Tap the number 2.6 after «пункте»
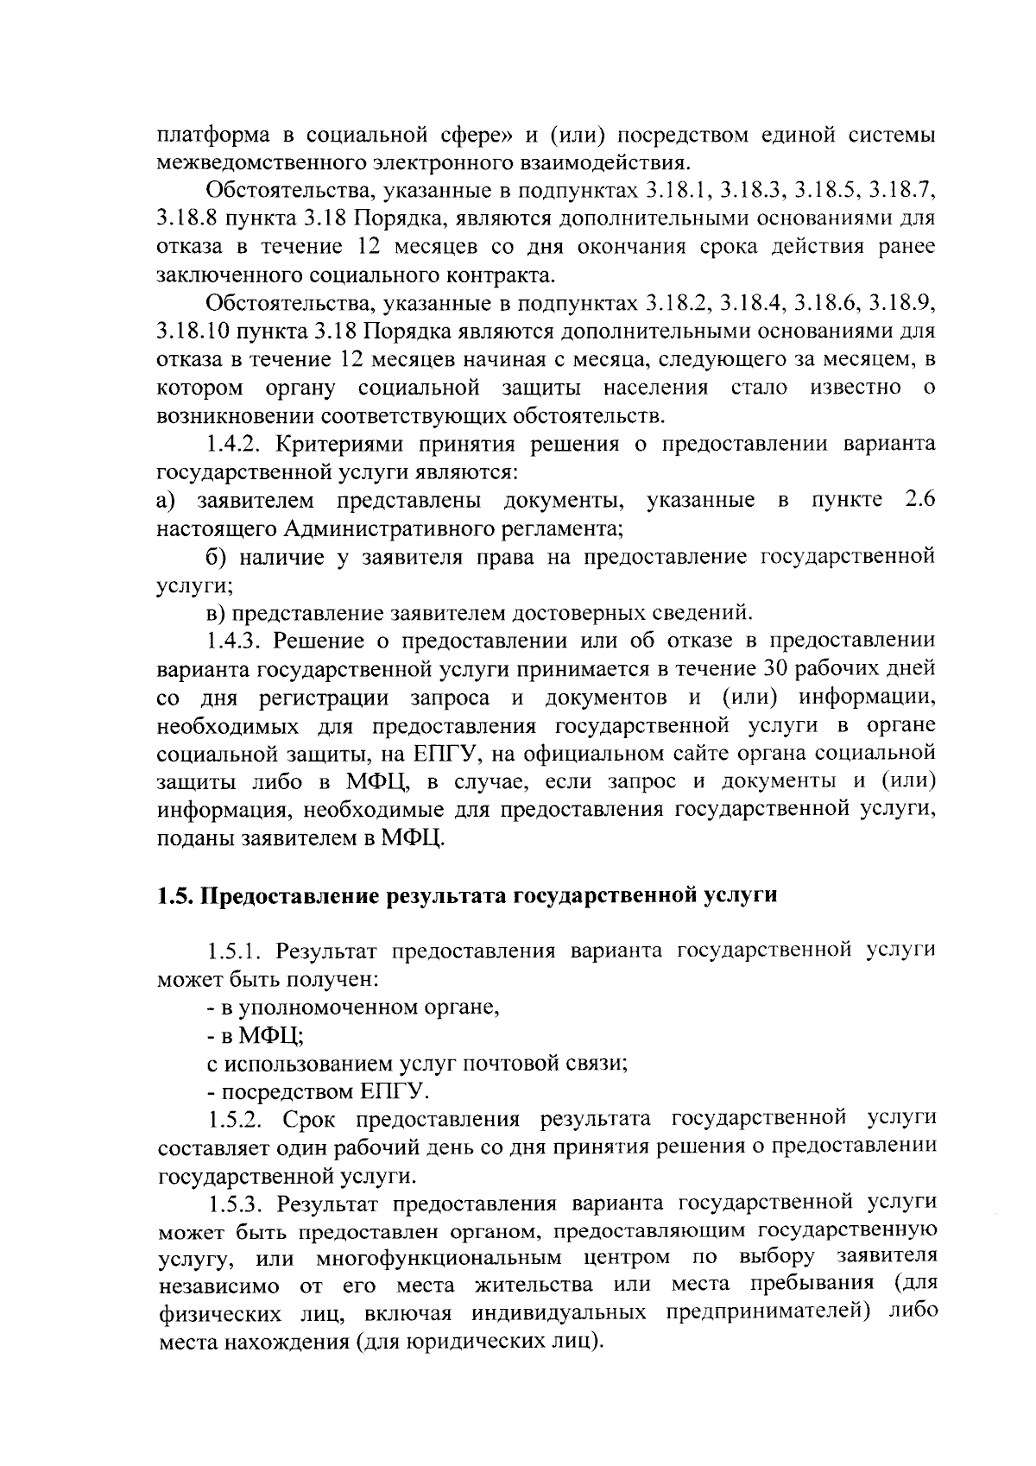[918, 501]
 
